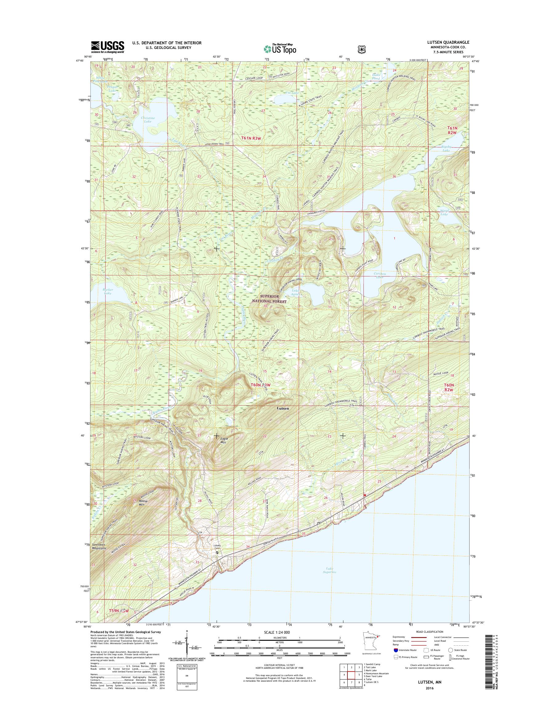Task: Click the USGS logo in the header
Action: click(x=108, y=46)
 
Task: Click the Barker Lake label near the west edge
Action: click(x=108, y=291)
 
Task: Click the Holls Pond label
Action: click(x=376, y=76)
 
